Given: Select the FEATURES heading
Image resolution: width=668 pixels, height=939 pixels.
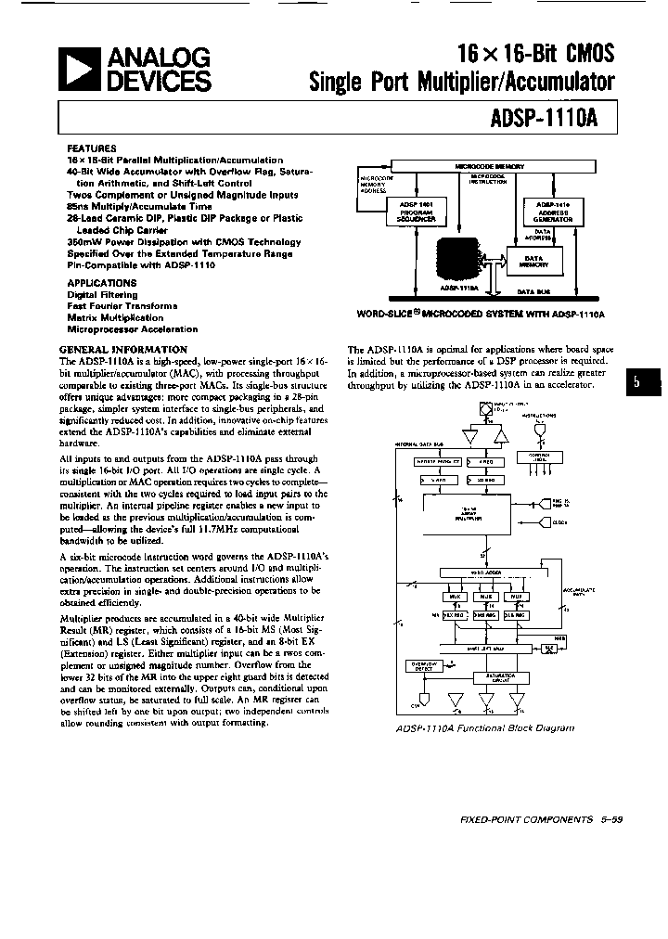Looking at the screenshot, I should coord(92,148).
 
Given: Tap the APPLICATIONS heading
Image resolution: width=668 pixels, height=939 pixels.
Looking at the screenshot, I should coord(102,282).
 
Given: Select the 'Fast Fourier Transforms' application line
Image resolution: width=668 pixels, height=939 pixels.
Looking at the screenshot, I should coord(122,305).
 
